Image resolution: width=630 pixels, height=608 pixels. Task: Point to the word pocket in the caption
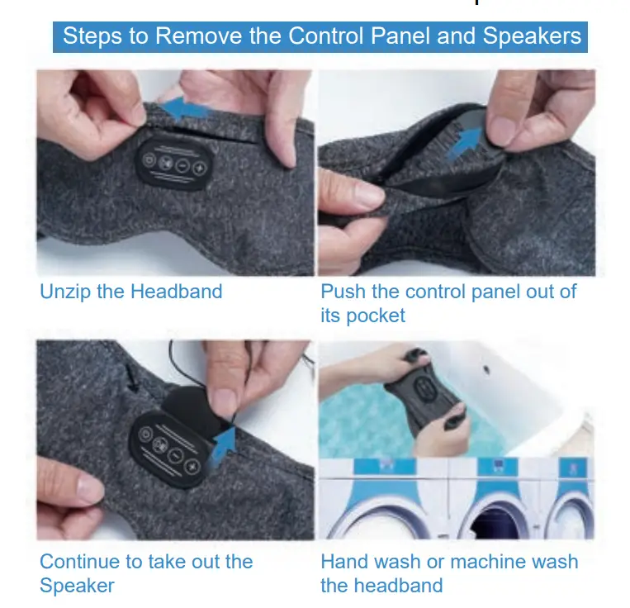(x=375, y=316)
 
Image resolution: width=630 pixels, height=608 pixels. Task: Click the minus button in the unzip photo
(x=181, y=165)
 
